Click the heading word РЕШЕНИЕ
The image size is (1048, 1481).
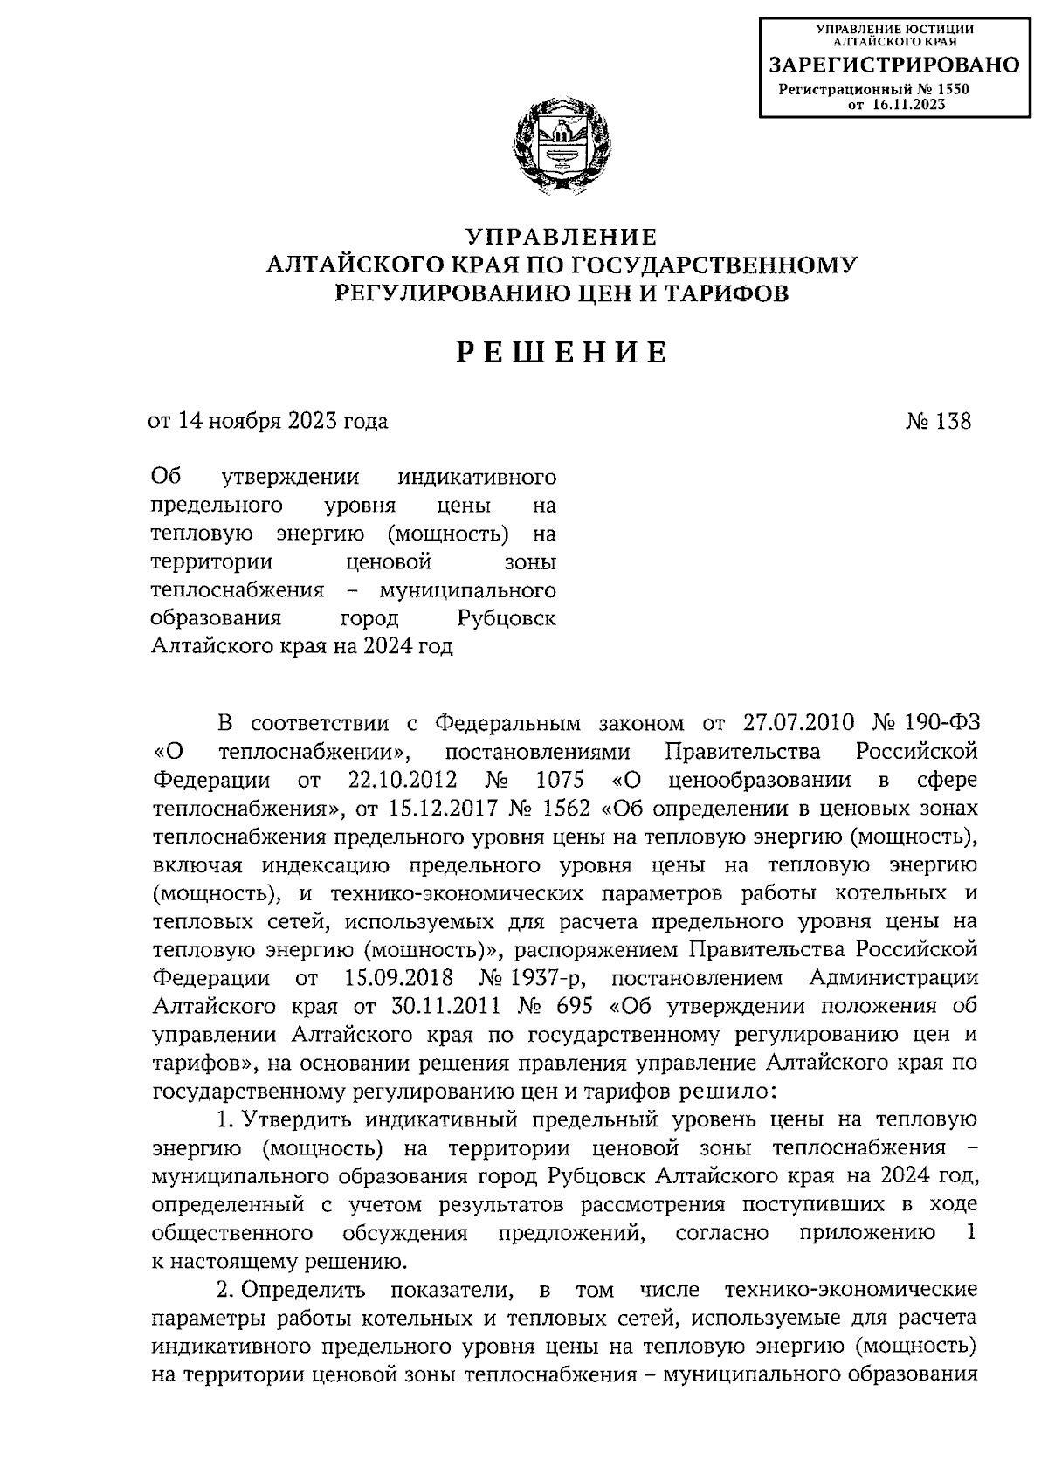(562, 353)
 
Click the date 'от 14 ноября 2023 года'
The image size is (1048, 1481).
(268, 422)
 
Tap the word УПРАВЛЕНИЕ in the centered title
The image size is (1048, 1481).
(561, 237)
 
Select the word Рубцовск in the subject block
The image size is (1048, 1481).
(506, 619)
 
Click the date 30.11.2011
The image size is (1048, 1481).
(439, 1006)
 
